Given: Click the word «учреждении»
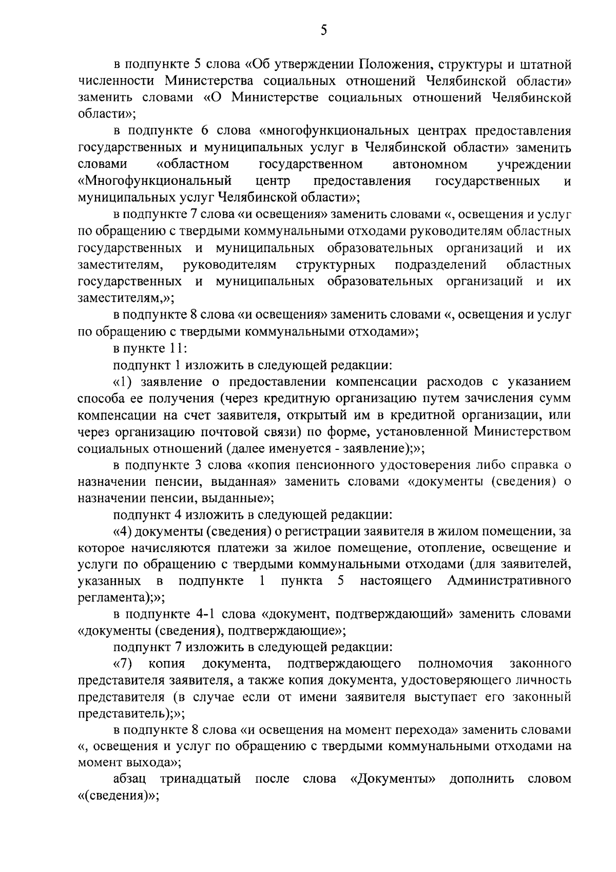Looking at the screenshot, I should (534, 164).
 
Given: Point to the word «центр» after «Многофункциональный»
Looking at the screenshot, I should (273, 181).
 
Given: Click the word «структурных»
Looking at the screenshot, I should (335, 265).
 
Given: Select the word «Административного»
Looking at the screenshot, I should (509, 581).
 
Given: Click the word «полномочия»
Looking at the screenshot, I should (455, 664).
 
